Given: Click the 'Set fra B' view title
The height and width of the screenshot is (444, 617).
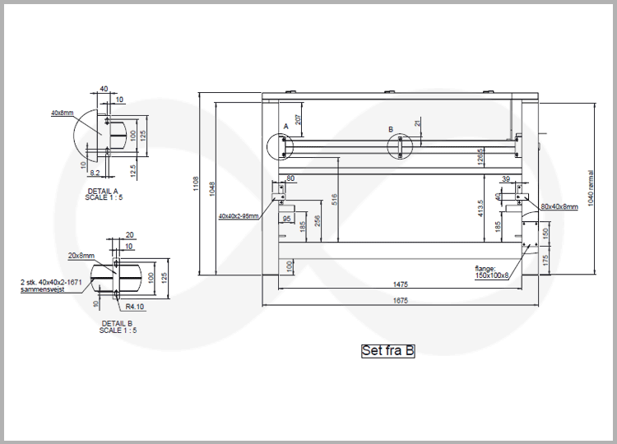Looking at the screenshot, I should (387, 351).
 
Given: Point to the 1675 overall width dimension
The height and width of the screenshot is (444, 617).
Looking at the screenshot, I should (401, 301).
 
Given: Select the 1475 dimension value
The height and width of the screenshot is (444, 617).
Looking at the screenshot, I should (401, 284).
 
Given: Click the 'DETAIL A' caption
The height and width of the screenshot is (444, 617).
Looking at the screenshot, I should (103, 191).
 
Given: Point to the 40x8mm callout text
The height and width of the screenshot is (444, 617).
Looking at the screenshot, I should (62, 113).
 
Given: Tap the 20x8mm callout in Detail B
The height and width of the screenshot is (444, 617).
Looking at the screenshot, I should (81, 256).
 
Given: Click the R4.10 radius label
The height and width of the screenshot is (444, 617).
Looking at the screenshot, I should (135, 306).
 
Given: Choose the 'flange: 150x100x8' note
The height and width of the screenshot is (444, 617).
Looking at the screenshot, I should (492, 272).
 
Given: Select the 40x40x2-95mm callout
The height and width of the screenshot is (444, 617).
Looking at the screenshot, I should (239, 216).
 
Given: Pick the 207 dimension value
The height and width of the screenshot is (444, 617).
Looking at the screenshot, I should (299, 119).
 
